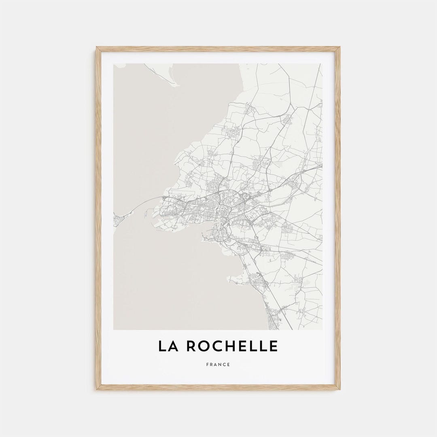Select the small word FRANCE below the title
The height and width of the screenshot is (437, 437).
tap(218, 365)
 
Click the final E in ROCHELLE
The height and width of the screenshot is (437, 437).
tap(274, 346)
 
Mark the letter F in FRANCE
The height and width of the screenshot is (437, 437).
tap(208, 365)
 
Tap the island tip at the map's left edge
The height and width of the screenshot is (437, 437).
tap(118, 221)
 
